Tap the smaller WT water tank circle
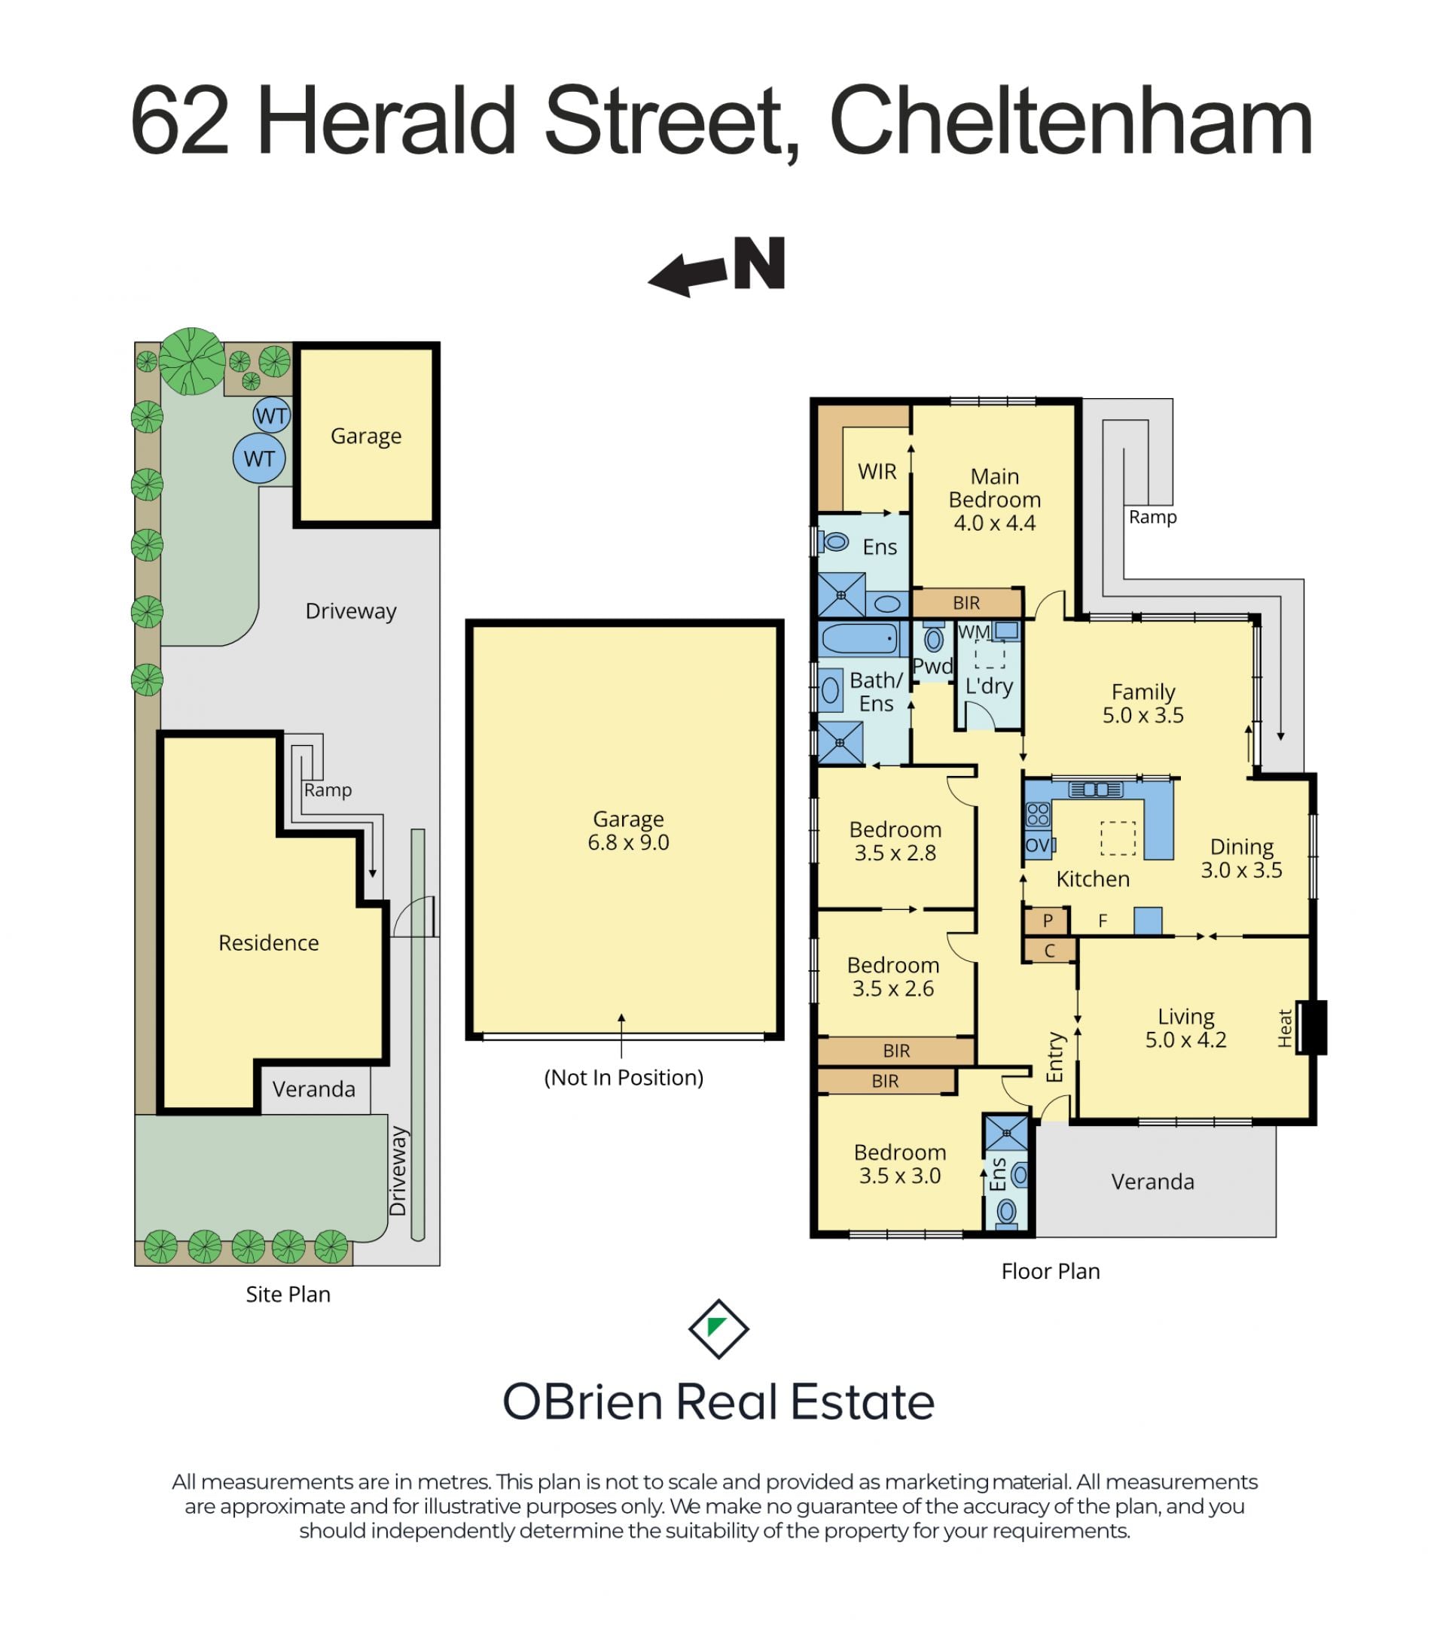pyautogui.click(x=271, y=415)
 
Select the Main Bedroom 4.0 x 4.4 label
pyautogui.click(x=994, y=499)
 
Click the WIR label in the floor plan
pyautogui.click(x=877, y=471)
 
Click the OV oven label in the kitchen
pyautogui.click(x=1037, y=845)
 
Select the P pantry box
pyautogui.click(x=1048, y=921)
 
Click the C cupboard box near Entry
pyautogui.click(x=1049, y=950)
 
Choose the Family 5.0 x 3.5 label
pyautogui.click(x=1142, y=704)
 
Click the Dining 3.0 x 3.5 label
pyautogui.click(x=1241, y=859)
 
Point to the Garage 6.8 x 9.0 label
pyautogui.click(x=628, y=830)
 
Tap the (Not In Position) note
pyautogui.click(x=624, y=1077)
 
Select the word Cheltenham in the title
pyautogui.click(x=1071, y=123)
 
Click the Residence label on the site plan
pyautogui.click(x=269, y=942)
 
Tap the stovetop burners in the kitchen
pyautogui.click(x=1038, y=814)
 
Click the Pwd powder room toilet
pyautogui.click(x=934, y=638)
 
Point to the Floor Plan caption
pyautogui.click(x=1050, y=1271)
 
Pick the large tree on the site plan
pyautogui.click(x=192, y=362)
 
